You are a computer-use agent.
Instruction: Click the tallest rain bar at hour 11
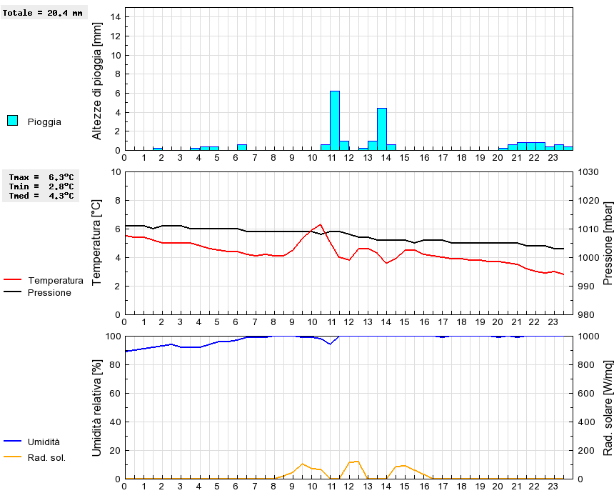334,120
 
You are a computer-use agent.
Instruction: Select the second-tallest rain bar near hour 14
381,129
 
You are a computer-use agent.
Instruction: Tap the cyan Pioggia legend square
12,121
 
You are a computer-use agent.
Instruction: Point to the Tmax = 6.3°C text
41,176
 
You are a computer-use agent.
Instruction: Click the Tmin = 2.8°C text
41,186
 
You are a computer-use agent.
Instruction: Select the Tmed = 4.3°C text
41,195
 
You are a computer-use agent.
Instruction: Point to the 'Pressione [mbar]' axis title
608,243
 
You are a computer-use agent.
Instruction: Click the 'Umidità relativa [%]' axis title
97,407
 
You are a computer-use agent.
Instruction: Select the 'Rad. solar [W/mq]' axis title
608,407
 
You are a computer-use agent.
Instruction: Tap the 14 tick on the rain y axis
116,17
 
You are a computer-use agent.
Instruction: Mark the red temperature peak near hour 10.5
321,224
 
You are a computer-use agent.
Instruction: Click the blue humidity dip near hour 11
329,344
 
